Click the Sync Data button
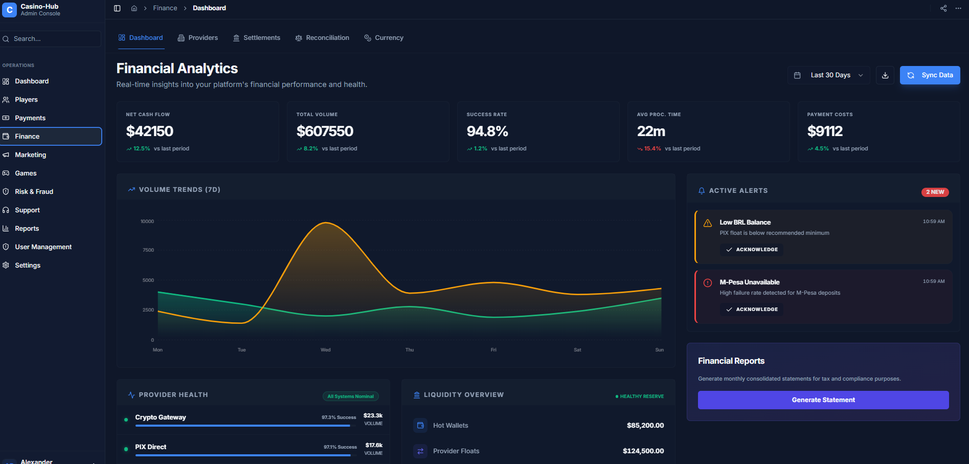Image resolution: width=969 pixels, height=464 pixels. tap(930, 75)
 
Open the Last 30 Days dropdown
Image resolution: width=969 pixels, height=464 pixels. tap(829, 75)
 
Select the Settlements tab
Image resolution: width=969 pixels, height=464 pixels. tap(257, 38)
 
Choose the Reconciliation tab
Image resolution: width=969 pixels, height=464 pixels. tap(322, 38)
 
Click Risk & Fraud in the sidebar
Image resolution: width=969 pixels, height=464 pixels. tap(34, 192)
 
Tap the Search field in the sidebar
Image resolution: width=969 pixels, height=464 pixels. tap(51, 39)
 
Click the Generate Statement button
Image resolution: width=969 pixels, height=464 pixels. tap(823, 400)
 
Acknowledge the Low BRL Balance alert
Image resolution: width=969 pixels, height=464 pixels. tap(752, 250)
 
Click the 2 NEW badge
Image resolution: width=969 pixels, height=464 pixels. tap(935, 192)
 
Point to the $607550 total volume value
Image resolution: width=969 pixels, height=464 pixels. tap(325, 131)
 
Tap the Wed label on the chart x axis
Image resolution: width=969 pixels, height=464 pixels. tap(326, 350)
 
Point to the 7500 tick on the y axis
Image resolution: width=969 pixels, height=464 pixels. tap(148, 250)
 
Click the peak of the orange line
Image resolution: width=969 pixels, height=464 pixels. tap(326, 223)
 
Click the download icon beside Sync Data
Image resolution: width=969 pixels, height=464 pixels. tap(885, 75)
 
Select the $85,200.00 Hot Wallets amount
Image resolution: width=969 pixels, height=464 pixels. tap(645, 426)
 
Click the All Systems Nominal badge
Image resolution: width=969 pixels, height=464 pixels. tap(350, 396)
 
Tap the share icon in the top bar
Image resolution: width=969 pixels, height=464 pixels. tap(943, 8)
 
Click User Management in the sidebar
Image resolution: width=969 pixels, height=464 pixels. tap(43, 247)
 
